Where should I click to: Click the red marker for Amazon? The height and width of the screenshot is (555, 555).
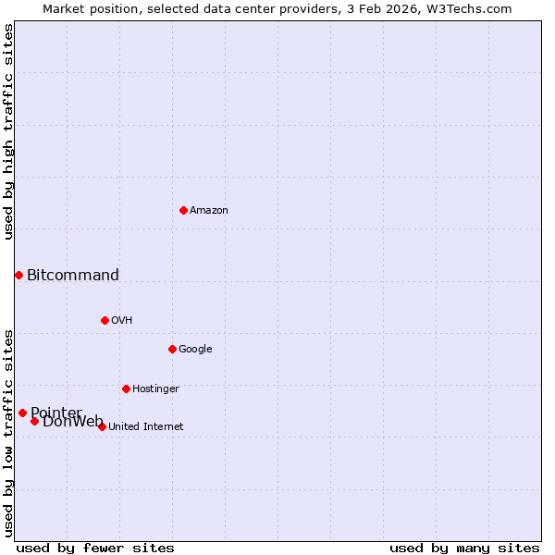[x=183, y=210]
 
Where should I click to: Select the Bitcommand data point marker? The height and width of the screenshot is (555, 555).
[x=18, y=275]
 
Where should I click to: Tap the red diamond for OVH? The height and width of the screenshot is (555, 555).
[x=105, y=320]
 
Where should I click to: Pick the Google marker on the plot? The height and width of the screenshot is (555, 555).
[x=172, y=349]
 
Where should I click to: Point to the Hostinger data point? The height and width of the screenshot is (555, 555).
[x=126, y=388]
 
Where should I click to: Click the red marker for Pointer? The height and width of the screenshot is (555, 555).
[x=22, y=413]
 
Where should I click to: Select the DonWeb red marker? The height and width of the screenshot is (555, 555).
[x=34, y=421]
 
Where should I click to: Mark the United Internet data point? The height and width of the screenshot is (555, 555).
[x=102, y=426]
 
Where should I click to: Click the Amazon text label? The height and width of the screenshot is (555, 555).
[x=209, y=211]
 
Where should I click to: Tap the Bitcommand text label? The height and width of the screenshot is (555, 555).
[x=73, y=275]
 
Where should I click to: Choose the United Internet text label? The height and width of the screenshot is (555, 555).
[x=146, y=427]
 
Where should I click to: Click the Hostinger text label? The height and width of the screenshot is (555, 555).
[x=155, y=389]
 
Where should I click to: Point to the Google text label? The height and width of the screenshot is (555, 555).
[x=195, y=350]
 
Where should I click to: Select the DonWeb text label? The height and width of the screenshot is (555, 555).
[x=73, y=422]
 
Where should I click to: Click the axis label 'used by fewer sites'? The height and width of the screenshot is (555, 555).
[x=95, y=548]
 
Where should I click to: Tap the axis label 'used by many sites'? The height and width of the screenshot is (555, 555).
[x=464, y=548]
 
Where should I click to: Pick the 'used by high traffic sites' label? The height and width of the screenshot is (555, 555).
[x=8, y=131]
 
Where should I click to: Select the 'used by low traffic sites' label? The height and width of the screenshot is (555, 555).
[x=8, y=433]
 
